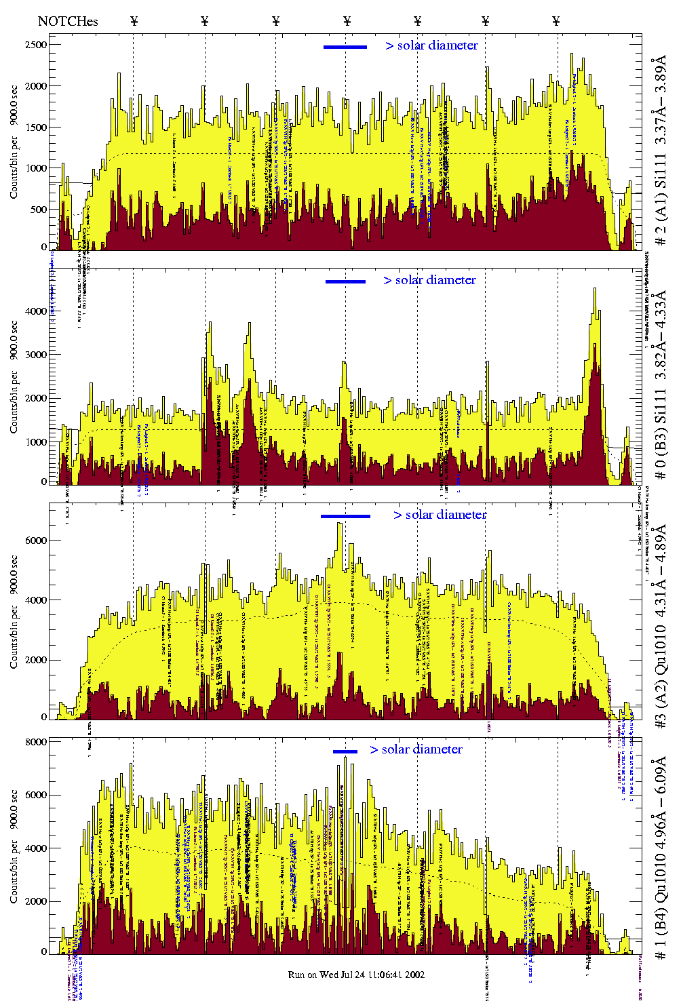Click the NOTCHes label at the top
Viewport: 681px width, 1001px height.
point(68,21)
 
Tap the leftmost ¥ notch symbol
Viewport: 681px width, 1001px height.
point(134,21)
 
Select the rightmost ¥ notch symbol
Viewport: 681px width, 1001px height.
point(556,21)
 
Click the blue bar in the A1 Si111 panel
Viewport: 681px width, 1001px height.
point(345,47)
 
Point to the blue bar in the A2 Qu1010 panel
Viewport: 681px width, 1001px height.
point(345,516)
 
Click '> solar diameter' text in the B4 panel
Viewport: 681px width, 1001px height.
point(416,749)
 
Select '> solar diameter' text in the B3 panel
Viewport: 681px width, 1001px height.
point(429,280)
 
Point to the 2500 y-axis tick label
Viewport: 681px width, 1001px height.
point(35,45)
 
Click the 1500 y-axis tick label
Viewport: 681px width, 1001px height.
point(35,127)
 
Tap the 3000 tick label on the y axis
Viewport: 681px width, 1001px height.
point(35,355)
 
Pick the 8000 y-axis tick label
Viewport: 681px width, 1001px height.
point(35,742)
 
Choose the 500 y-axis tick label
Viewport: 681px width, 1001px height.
point(38,210)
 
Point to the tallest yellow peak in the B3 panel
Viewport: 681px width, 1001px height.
point(595,290)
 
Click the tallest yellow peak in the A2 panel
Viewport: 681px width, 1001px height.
point(339,524)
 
